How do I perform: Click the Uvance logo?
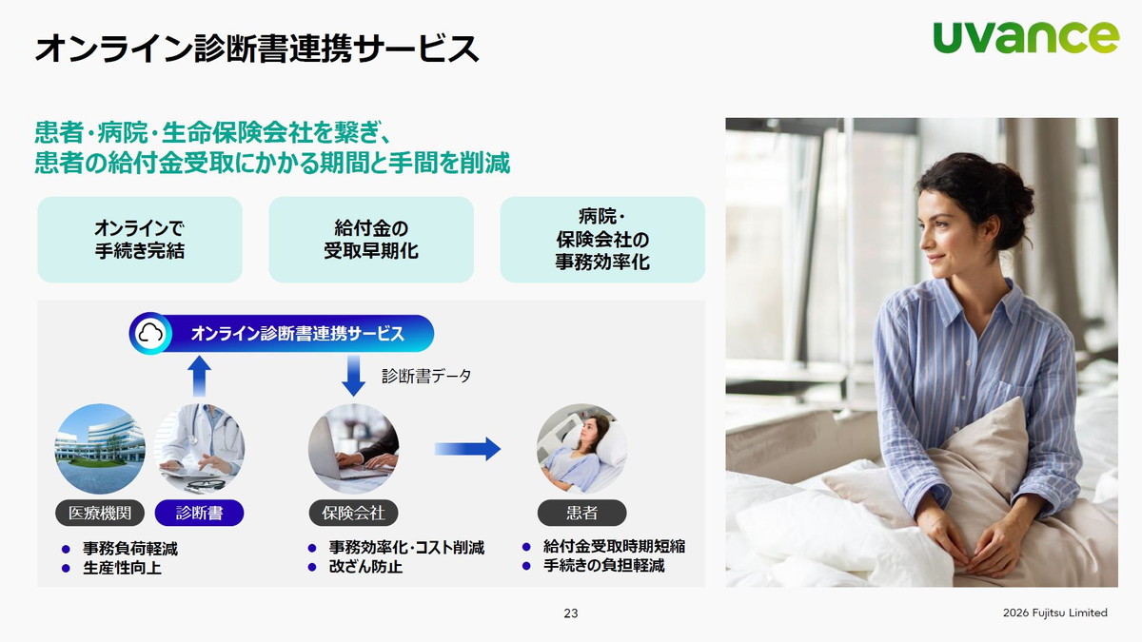point(1026,37)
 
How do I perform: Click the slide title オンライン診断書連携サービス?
point(257,48)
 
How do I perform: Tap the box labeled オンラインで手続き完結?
point(140,240)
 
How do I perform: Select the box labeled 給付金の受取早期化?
point(371,240)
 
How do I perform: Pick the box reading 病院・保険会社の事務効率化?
point(602,240)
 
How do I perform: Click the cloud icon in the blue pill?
point(152,334)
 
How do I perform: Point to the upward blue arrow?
point(199,376)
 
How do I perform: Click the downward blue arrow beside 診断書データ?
point(353,377)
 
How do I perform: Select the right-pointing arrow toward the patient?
point(467,449)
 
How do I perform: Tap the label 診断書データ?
point(426,376)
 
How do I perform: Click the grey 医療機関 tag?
point(100,514)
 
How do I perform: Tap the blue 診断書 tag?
point(199,514)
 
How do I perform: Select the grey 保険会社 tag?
point(353,514)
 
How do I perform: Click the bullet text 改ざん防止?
point(365,567)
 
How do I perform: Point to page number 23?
point(571,613)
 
